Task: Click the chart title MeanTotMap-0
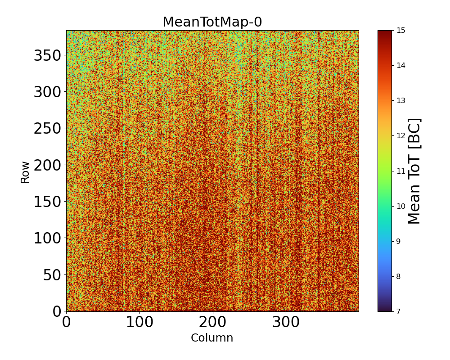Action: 212,22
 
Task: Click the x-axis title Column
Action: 212,338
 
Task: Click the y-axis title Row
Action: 25,172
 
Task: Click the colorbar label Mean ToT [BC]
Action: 414,171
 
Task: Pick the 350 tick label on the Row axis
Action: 48,56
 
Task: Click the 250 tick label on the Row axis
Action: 48,129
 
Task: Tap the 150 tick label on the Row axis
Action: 48,202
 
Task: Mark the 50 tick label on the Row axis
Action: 53,275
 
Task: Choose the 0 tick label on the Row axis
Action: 57,311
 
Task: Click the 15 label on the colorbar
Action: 400,31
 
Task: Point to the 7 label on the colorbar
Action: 399,311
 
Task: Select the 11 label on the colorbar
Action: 400,171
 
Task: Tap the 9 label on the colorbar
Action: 399,241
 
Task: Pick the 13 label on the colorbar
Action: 400,101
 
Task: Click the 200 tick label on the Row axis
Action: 48,166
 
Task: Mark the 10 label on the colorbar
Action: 400,206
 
